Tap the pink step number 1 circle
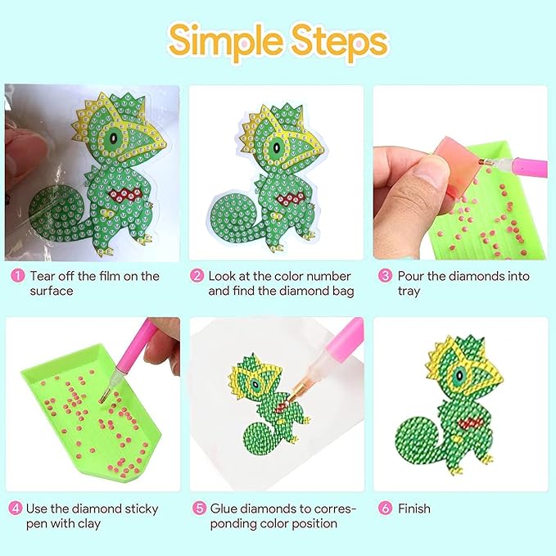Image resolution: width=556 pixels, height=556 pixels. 16,276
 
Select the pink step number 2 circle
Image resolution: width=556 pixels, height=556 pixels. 197,276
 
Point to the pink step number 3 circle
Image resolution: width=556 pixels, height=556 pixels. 385,276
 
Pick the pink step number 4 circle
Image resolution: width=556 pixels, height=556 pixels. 15,509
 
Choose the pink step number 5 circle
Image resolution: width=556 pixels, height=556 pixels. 197,509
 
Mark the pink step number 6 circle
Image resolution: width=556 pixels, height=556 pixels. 385,509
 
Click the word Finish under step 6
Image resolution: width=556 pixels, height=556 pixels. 414,509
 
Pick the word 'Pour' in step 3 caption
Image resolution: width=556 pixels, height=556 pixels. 411,276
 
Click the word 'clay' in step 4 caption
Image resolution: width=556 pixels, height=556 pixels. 97,524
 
